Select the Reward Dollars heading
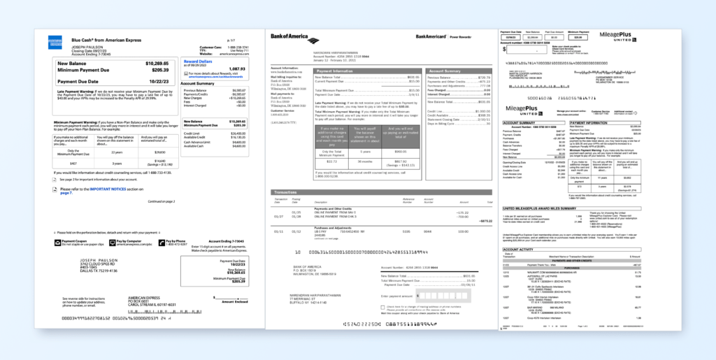[x=197, y=62]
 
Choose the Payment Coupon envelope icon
[x=57, y=242]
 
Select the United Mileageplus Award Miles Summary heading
[x=549, y=208]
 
